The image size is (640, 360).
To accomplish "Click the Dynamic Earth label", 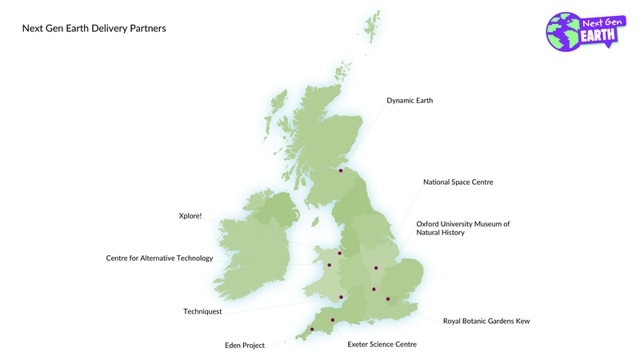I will click(410, 101).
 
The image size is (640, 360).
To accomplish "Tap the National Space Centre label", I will click(458, 182).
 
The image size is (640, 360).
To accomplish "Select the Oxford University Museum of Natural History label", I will click(462, 228).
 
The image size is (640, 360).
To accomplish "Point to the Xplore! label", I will click(190, 215).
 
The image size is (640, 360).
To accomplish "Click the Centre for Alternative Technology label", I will click(160, 258).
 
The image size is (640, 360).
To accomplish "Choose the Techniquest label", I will click(202, 311).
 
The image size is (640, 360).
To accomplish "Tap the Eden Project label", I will click(244, 346).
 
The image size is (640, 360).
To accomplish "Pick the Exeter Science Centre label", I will click(382, 344).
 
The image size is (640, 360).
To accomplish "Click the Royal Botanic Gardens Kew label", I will click(486, 321).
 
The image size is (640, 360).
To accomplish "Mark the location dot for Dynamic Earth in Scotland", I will click(341, 170).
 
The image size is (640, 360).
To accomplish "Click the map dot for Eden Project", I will click(312, 329).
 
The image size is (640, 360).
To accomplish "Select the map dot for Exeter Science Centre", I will click(332, 320).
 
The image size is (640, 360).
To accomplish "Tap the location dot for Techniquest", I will click(342, 298).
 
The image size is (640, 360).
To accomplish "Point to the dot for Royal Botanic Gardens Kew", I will click(388, 299).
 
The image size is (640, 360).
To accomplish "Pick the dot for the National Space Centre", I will click(375, 268).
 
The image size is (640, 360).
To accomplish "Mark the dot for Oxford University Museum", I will click(374, 289).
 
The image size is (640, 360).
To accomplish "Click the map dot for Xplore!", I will click(340, 254).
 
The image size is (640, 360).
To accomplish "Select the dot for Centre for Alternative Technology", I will click(329, 265).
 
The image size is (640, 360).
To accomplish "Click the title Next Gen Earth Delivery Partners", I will click(94, 29).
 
